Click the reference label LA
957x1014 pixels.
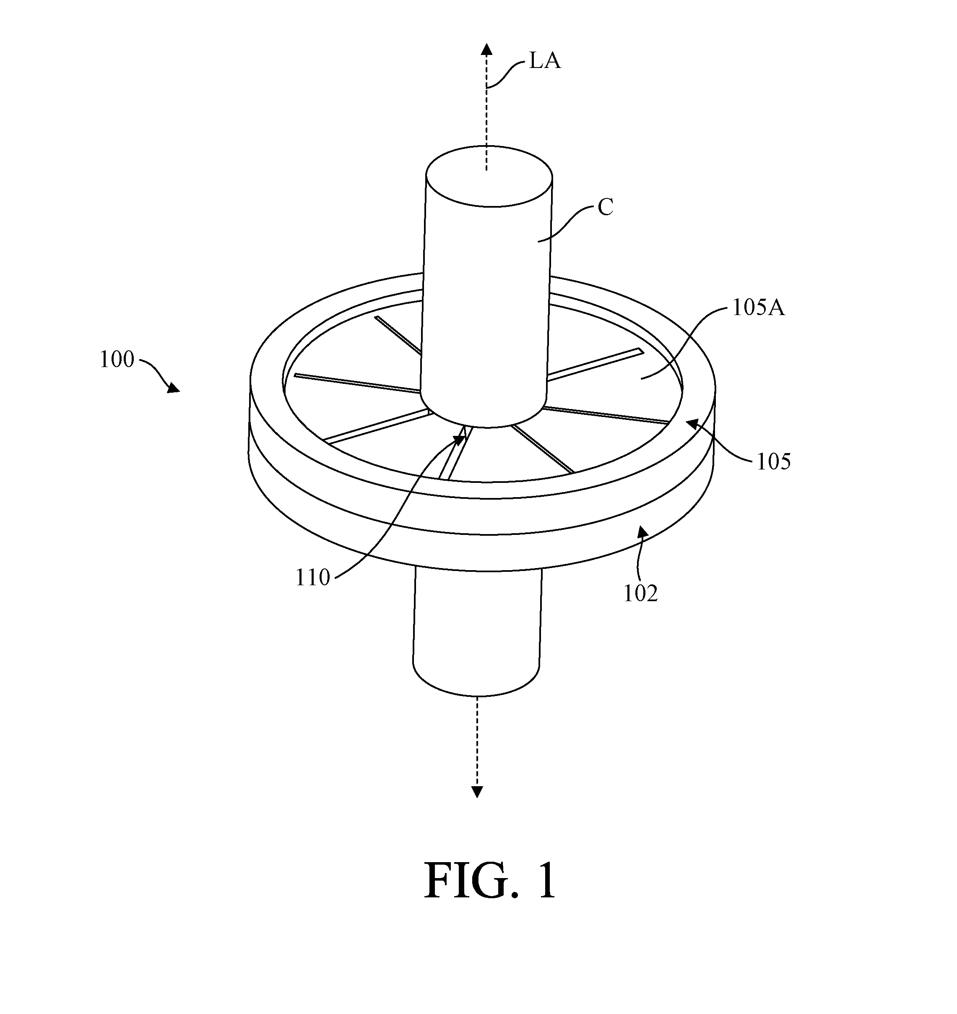click(544, 61)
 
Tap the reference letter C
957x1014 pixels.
click(605, 208)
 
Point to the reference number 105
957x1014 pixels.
click(773, 461)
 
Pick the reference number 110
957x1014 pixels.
click(313, 578)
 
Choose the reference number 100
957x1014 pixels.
click(117, 359)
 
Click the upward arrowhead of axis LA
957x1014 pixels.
click(486, 49)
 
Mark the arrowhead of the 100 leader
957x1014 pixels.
click(174, 388)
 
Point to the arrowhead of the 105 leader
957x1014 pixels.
click(692, 422)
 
